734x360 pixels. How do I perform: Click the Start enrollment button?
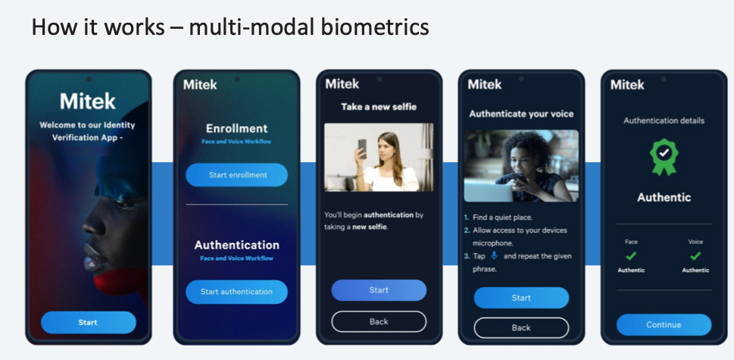(x=237, y=175)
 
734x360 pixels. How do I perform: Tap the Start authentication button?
(x=236, y=292)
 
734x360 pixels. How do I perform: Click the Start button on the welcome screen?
(x=88, y=323)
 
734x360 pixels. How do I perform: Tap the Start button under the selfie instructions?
(x=379, y=290)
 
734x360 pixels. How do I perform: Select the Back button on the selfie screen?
(x=379, y=322)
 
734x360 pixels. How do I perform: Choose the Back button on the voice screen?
(x=521, y=327)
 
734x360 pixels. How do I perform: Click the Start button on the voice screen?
(x=521, y=298)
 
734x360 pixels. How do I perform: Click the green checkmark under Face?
(x=631, y=256)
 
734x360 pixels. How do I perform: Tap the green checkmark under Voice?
(x=695, y=256)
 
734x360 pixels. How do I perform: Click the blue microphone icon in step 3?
(x=494, y=256)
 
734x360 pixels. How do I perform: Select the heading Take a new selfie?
(x=379, y=107)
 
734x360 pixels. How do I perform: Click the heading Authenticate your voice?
(x=521, y=114)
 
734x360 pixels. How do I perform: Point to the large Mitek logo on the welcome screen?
(x=88, y=101)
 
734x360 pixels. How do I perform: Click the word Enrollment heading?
(x=237, y=128)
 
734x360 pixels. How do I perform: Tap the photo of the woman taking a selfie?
(x=379, y=158)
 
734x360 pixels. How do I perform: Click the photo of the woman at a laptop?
(x=521, y=166)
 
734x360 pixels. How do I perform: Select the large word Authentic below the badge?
(x=664, y=197)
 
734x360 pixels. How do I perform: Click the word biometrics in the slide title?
(x=378, y=28)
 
